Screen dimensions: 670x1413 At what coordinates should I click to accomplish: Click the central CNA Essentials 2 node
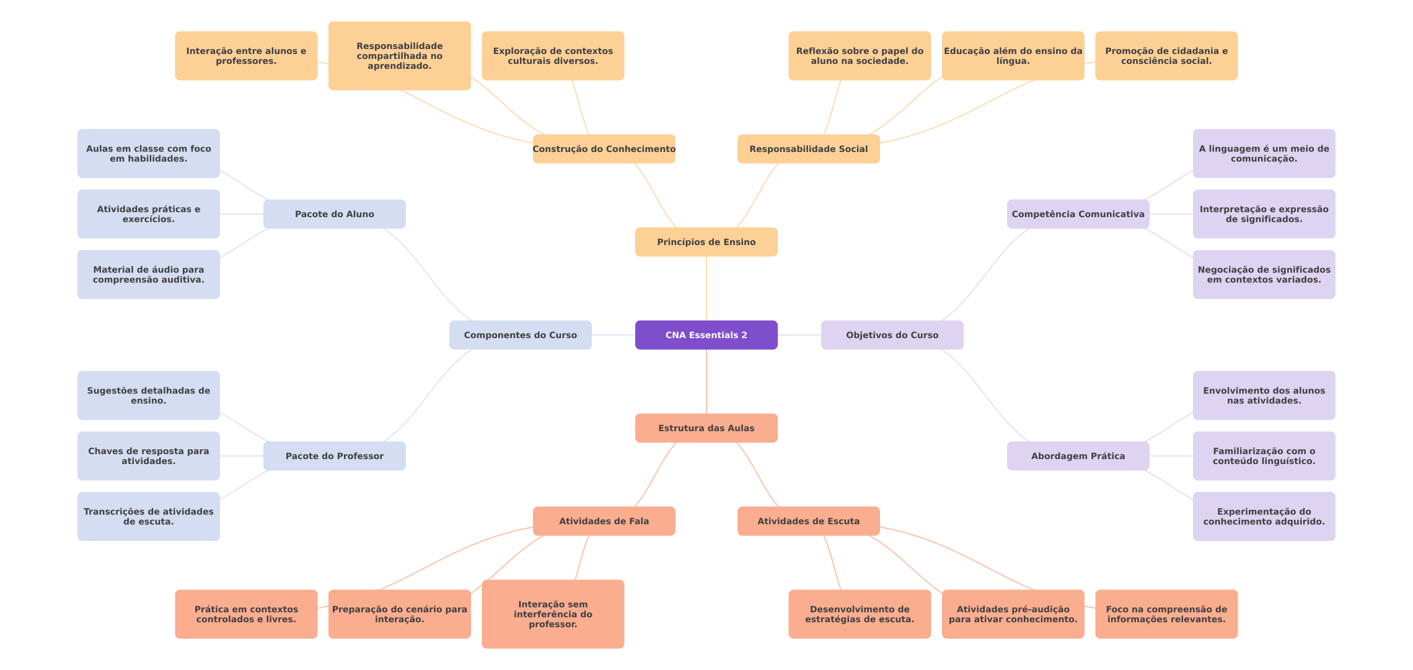coord(706,335)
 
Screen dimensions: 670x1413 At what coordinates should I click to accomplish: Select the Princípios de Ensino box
coord(706,242)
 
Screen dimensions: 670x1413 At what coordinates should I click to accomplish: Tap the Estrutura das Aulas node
coord(706,428)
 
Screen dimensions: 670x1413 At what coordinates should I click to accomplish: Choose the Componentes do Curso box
coord(521,335)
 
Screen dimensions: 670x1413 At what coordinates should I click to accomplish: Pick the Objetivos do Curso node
coord(892,335)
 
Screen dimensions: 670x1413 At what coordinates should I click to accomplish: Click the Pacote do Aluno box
coord(335,214)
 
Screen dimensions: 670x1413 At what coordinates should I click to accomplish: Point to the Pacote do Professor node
coord(335,456)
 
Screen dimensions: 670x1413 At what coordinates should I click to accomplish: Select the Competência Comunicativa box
coord(1078,214)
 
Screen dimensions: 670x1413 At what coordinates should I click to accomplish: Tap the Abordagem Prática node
coord(1078,456)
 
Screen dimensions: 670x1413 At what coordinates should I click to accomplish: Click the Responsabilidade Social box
coord(809,149)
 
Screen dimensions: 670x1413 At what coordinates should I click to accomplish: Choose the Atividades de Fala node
coord(604,521)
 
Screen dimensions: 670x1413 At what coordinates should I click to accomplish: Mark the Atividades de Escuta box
coord(809,521)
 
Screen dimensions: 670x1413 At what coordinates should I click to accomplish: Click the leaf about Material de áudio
coord(149,274)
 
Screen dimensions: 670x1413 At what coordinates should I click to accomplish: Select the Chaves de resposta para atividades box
coord(149,456)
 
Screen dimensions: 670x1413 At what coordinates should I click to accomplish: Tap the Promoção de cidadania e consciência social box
coord(1166,56)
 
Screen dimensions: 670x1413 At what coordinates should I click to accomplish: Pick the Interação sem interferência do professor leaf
coord(553,614)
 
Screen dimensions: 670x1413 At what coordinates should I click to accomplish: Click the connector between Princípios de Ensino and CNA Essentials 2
coord(706,288)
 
